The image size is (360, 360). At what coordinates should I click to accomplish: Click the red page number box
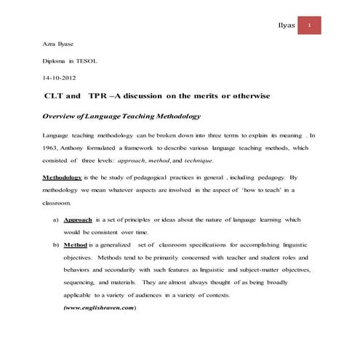tap(310, 25)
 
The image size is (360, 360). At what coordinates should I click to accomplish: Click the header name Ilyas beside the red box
tap(288, 26)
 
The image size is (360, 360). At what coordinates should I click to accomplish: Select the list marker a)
tap(55, 219)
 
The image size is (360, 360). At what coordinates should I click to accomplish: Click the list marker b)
tap(55, 244)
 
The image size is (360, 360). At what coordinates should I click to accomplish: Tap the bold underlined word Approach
tap(77, 219)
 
